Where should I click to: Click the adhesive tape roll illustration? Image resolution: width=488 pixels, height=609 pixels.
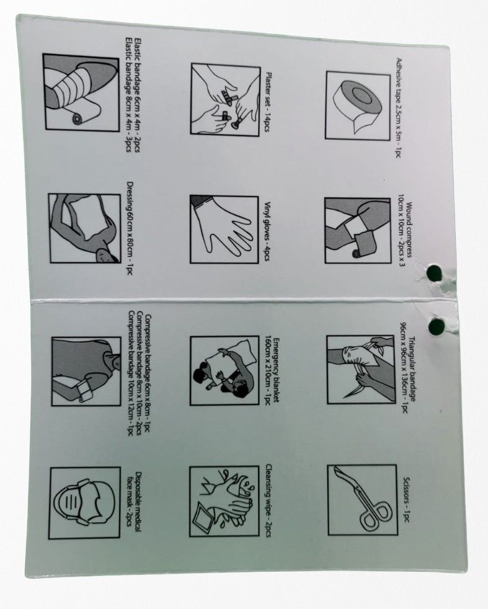click(x=358, y=105)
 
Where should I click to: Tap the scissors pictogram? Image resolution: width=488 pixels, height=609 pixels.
click(x=362, y=500)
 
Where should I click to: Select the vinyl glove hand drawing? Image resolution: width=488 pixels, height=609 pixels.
click(x=224, y=229)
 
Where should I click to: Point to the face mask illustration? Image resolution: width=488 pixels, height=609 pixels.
click(x=85, y=503)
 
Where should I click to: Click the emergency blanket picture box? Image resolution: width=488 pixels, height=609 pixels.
click(x=224, y=370)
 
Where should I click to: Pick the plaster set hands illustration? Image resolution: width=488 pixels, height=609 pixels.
click(x=225, y=100)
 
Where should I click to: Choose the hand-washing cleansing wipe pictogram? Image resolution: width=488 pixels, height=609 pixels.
click(x=224, y=502)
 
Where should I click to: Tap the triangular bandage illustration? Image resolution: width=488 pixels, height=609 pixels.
click(x=361, y=370)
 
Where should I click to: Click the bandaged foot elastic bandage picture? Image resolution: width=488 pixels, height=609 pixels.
click(x=81, y=92)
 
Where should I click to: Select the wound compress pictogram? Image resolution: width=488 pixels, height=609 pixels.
click(x=358, y=231)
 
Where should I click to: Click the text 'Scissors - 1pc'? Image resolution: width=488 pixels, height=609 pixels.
click(x=406, y=499)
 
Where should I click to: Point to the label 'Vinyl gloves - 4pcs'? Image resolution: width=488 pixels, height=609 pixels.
click(x=267, y=231)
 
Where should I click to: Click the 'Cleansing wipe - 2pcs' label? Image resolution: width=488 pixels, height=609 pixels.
click(x=268, y=502)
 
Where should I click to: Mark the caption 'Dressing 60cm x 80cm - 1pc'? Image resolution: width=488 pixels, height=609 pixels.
click(x=130, y=228)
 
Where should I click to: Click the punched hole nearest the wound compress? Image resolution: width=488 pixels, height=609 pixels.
click(x=435, y=272)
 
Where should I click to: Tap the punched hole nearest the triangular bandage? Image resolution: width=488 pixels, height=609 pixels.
click(x=437, y=326)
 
